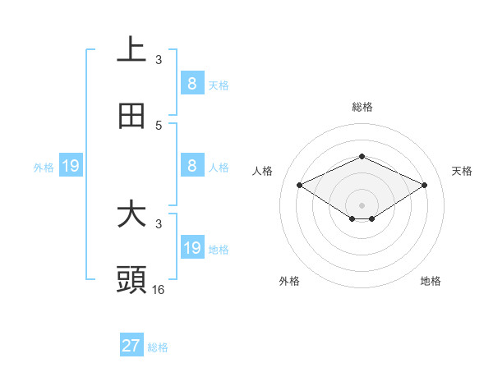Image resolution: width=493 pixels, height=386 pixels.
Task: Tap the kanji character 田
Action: (131, 116)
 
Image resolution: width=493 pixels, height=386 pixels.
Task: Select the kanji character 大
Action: (131, 214)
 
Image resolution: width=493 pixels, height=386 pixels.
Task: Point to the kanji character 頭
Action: (131, 280)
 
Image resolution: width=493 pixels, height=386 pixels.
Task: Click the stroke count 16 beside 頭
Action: (159, 289)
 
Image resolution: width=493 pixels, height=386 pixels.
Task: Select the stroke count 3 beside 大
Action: (159, 223)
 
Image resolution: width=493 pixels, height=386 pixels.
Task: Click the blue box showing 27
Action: (131, 346)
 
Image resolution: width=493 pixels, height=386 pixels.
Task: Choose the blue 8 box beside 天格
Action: (191, 83)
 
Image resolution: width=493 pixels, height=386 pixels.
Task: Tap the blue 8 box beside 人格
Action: (191, 166)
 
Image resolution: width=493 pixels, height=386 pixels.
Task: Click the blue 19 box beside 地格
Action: (191, 248)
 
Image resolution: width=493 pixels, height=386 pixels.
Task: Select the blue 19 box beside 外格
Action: (70, 167)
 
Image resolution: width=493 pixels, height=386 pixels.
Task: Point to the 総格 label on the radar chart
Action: (362, 107)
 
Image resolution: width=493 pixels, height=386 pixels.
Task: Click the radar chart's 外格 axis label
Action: (289, 281)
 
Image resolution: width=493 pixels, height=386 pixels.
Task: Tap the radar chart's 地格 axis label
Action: (431, 281)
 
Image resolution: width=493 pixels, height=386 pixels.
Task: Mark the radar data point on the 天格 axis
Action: (424, 186)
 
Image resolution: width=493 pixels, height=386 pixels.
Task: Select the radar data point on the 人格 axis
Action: (300, 186)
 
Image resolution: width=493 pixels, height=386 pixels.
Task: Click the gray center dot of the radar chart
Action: (362, 204)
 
